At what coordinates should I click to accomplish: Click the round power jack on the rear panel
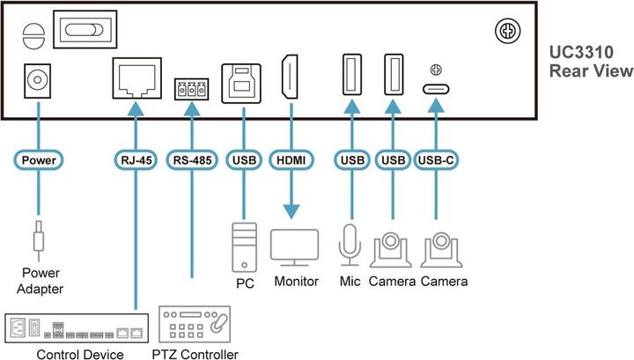(x=37, y=82)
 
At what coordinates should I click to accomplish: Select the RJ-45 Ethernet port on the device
(x=134, y=82)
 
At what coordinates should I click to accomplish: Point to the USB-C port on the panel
(x=434, y=89)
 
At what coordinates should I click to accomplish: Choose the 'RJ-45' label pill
(x=134, y=161)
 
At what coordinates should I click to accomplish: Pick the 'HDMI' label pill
(x=290, y=161)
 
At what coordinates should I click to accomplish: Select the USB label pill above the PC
(x=242, y=161)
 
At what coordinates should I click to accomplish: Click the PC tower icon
(x=243, y=247)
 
